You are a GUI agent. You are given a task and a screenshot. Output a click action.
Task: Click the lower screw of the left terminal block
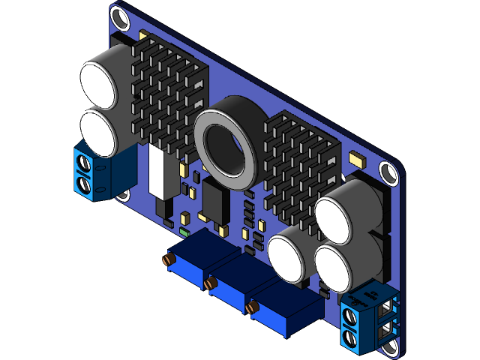pyautogui.click(x=85, y=184)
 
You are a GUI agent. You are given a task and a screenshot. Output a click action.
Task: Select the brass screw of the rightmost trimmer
pyautogui.click(x=252, y=306)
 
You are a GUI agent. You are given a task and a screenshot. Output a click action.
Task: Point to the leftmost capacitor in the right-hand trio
pyautogui.click(x=287, y=258)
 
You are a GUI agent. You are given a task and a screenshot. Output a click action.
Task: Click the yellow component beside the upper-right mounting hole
pyautogui.click(x=356, y=159)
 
